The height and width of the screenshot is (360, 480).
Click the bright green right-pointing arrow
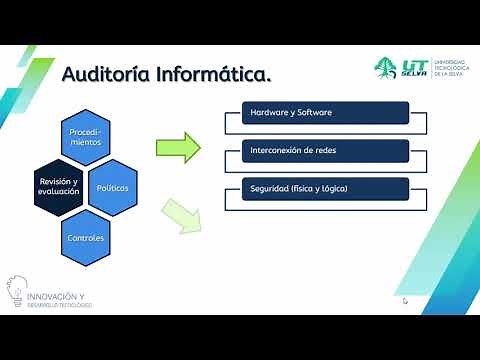pyautogui.click(x=176, y=147)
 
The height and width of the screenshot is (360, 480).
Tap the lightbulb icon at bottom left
pyautogui.click(x=17, y=289)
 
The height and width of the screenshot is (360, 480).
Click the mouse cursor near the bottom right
pyautogui.click(x=406, y=300)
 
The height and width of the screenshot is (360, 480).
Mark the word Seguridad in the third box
pyautogui.click(x=270, y=189)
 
